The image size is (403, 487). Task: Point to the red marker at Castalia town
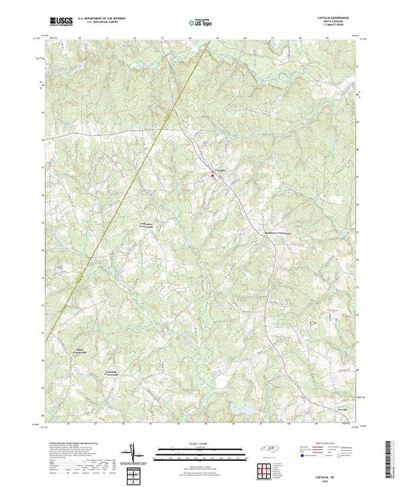[x=212, y=175]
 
